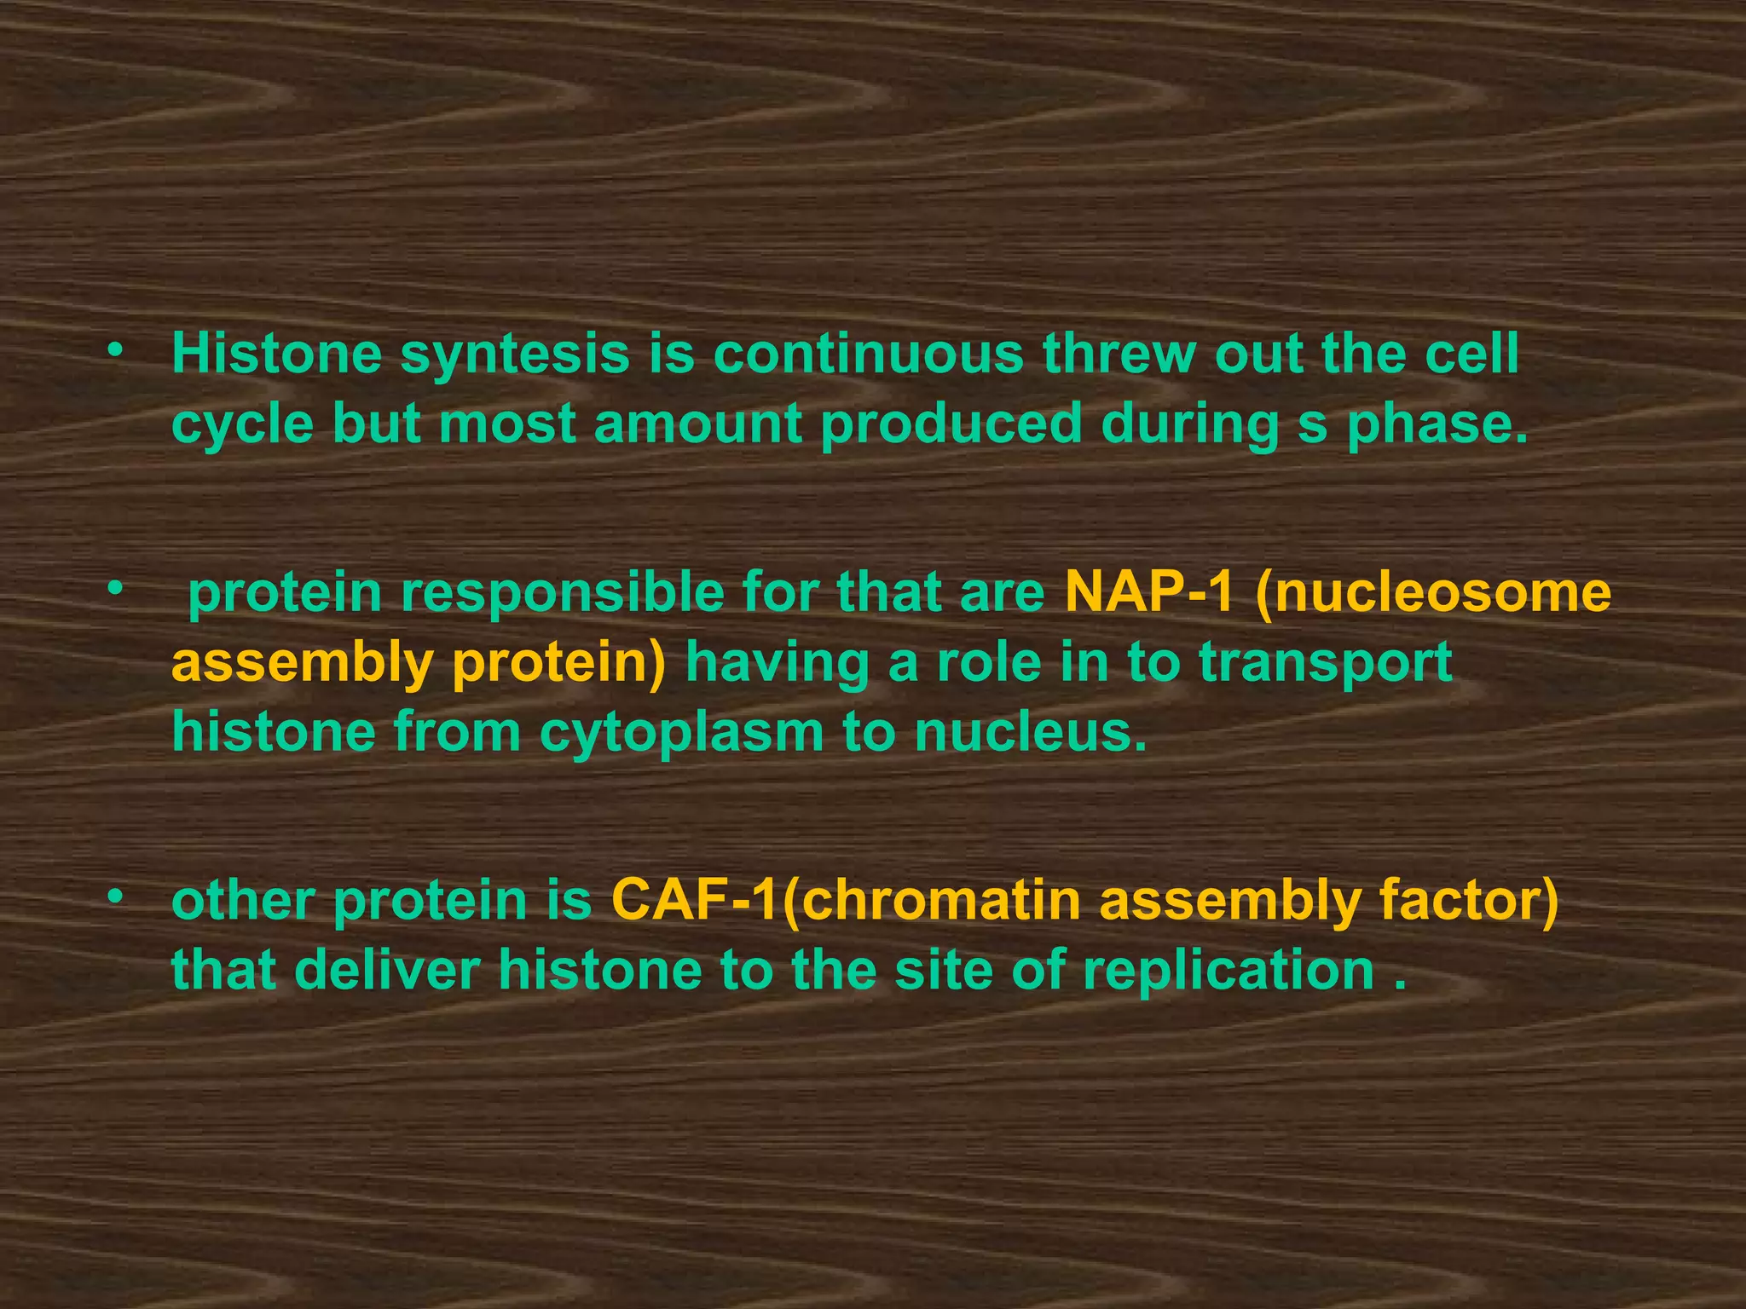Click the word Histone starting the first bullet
(276, 354)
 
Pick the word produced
(951, 424)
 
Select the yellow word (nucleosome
(1432, 593)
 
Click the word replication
(1229, 972)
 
